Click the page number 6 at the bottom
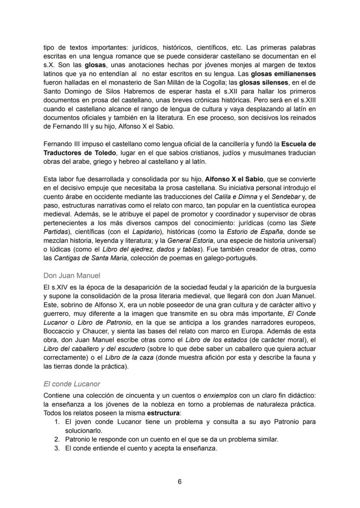pyautogui.click(x=180, y=481)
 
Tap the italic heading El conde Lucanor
pyautogui.click(x=72, y=384)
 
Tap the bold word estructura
pyautogui.click(x=163, y=412)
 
